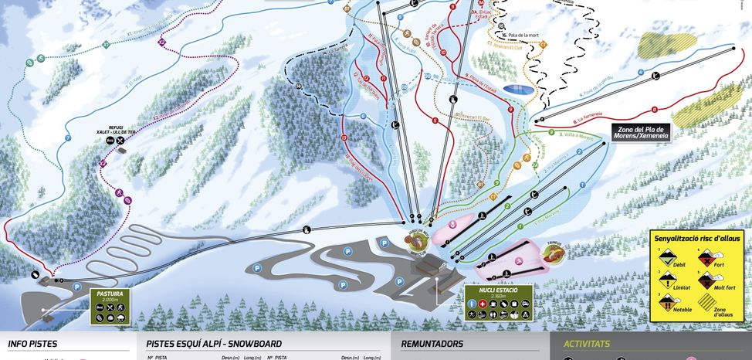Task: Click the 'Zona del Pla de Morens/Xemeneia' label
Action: [641, 132]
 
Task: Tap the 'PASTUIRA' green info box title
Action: [110, 294]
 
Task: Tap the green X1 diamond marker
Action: [106, 45]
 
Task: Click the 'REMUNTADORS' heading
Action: [432, 344]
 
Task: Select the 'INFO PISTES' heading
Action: [32, 344]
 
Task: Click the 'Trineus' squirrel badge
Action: [554, 250]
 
